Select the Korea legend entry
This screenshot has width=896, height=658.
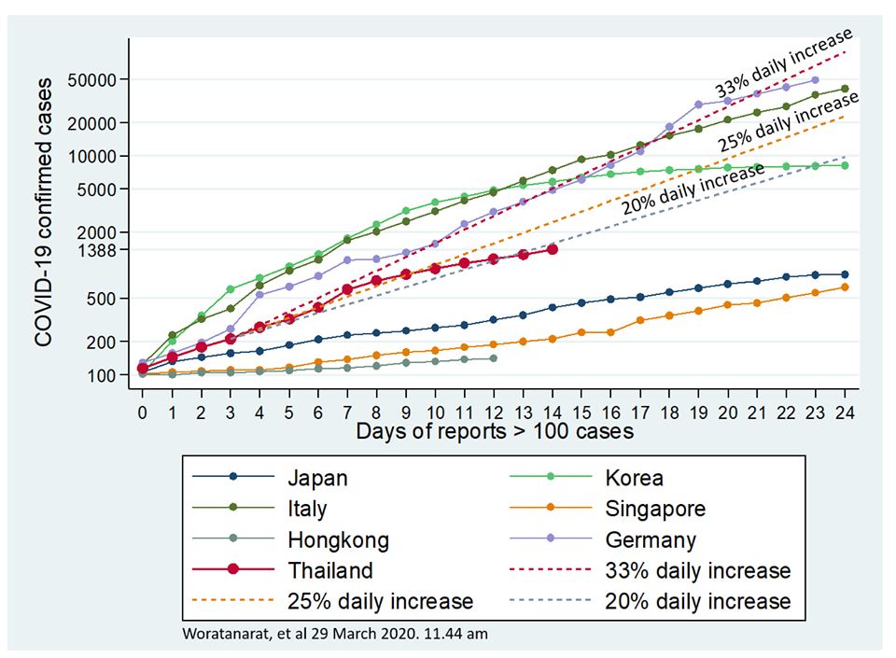pos(634,478)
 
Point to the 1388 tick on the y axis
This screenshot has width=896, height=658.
pos(94,250)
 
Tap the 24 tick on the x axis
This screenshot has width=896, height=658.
pos(845,412)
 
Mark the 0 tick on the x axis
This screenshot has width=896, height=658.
pos(142,412)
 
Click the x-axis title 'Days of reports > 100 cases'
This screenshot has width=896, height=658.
pos(495,432)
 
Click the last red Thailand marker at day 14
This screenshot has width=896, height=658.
pos(553,249)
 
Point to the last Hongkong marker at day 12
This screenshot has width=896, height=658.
pos(494,358)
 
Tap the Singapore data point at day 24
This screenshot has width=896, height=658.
pos(845,287)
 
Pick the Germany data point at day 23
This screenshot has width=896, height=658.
pos(816,80)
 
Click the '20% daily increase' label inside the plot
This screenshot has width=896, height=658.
pos(693,189)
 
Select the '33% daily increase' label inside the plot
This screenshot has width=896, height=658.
pos(784,62)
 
